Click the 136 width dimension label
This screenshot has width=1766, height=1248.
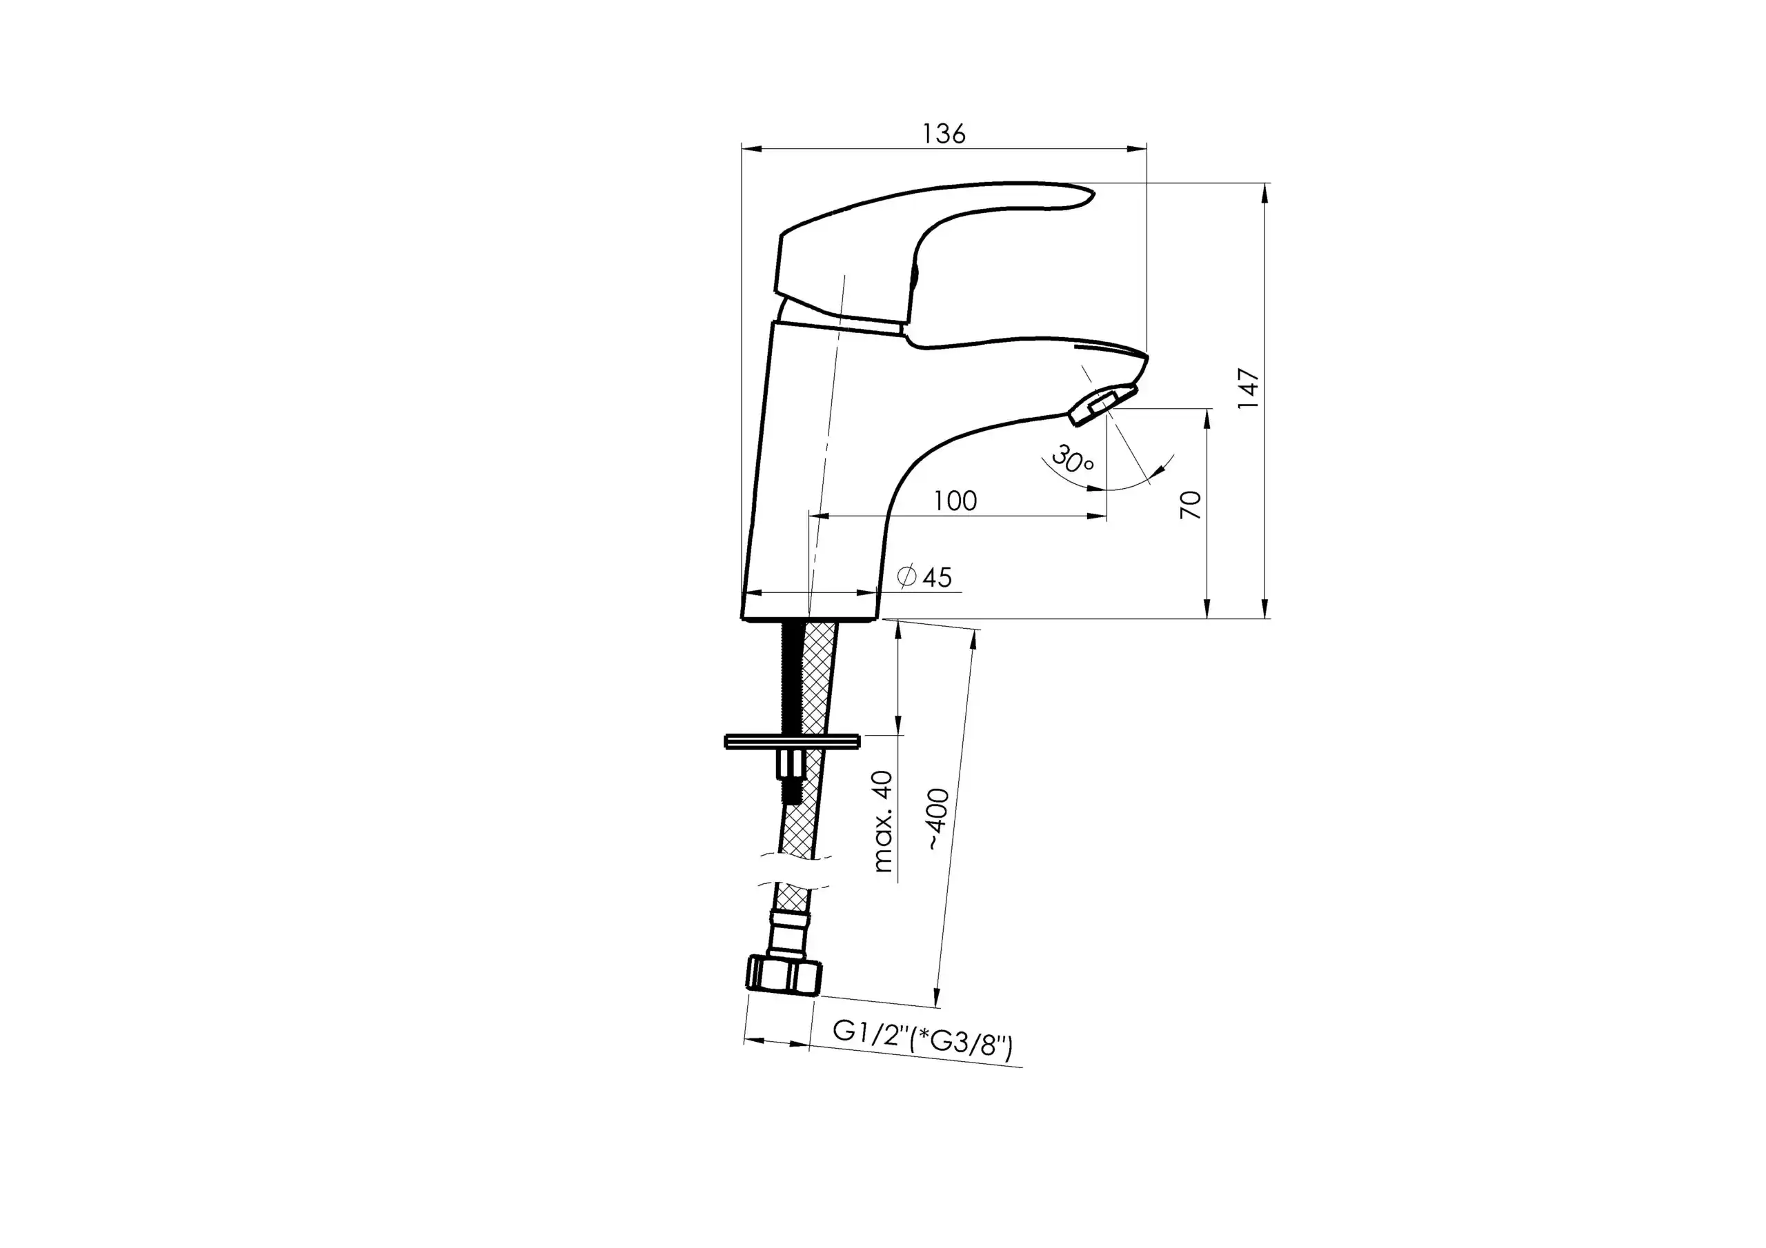944,134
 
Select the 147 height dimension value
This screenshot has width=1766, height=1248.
1249,389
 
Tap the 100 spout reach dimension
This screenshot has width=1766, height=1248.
955,501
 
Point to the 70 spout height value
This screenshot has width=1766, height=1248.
1191,505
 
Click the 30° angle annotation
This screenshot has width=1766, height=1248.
1072,459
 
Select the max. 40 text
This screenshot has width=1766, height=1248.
884,821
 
